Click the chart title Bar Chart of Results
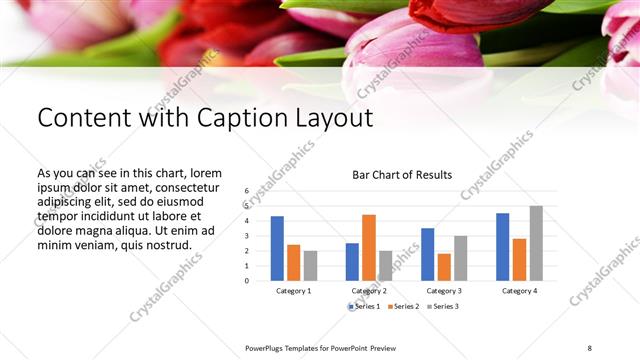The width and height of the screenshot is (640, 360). [x=402, y=175]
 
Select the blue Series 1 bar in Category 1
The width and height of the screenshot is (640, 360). [x=277, y=248]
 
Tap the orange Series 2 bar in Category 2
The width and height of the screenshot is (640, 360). [x=368, y=247]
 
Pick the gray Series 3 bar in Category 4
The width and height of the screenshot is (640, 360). [x=535, y=243]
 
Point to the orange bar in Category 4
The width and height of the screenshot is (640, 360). [x=519, y=259]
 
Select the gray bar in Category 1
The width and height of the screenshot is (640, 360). [x=310, y=265]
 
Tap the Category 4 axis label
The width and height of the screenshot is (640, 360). [x=518, y=291]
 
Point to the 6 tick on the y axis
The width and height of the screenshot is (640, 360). [x=246, y=190]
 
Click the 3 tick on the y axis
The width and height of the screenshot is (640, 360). [x=246, y=235]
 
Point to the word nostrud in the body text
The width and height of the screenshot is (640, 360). [x=166, y=244]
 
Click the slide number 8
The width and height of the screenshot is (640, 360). [x=590, y=346]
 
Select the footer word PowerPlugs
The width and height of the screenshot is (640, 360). [x=268, y=347]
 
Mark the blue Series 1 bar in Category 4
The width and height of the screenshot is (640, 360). [x=502, y=246]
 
